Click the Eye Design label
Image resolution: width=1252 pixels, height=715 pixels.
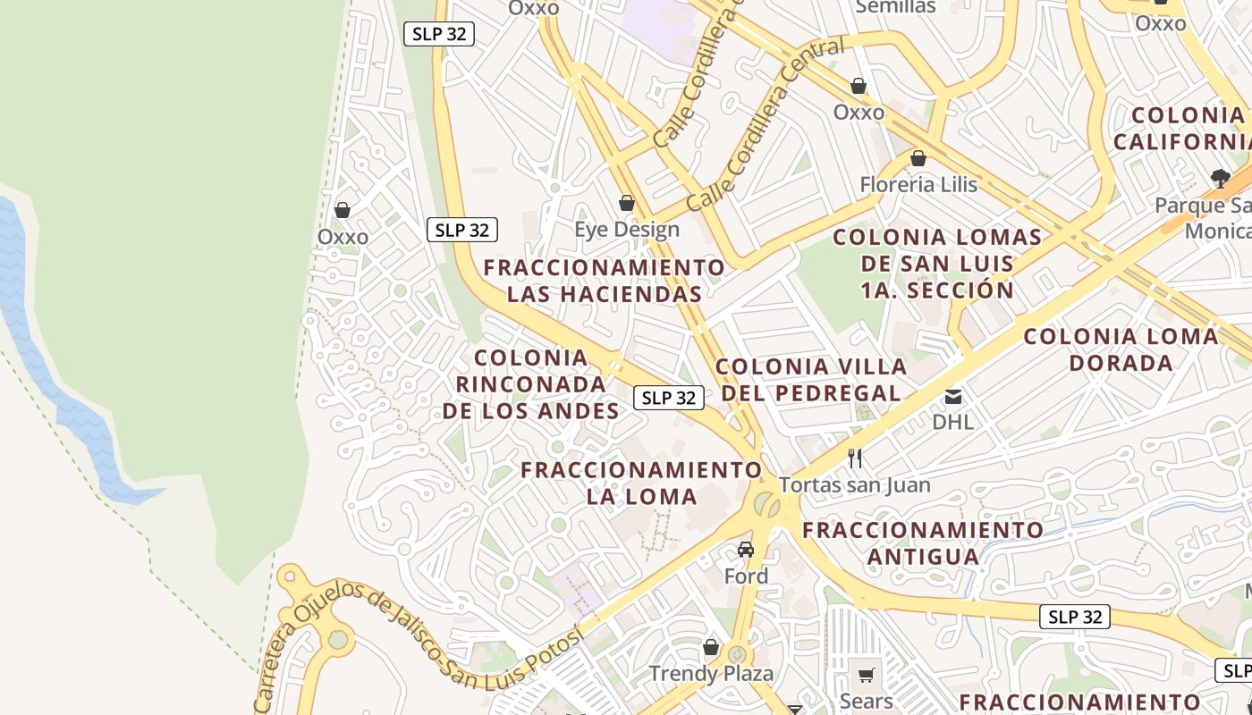[627, 230]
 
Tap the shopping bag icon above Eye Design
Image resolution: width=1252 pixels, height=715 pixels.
[627, 204]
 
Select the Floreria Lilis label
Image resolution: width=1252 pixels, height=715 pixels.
[918, 185]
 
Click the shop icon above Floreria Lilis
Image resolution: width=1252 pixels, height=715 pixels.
[918, 159]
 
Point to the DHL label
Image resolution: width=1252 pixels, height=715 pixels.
[952, 421]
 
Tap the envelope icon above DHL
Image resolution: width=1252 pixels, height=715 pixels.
[953, 396]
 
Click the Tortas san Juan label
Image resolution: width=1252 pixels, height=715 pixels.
[855, 485]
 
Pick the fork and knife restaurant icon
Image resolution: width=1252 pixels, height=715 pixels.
[855, 458]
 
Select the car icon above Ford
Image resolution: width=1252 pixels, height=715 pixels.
[746, 550]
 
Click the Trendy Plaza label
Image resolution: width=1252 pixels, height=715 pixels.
[711, 673]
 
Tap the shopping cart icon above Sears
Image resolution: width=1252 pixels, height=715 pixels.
[866, 676]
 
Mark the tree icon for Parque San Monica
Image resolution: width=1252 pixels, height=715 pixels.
[1220, 179]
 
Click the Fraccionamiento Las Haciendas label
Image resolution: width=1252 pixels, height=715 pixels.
[605, 281]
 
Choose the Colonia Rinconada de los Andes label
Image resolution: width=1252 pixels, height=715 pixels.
[531, 384]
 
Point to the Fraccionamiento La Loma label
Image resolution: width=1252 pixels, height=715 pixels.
[641, 483]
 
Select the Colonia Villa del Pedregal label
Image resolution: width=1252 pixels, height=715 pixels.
[811, 380]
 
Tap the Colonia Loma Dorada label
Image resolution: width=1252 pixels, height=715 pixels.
[1121, 349]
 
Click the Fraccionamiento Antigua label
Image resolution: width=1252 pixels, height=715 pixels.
[923, 543]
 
